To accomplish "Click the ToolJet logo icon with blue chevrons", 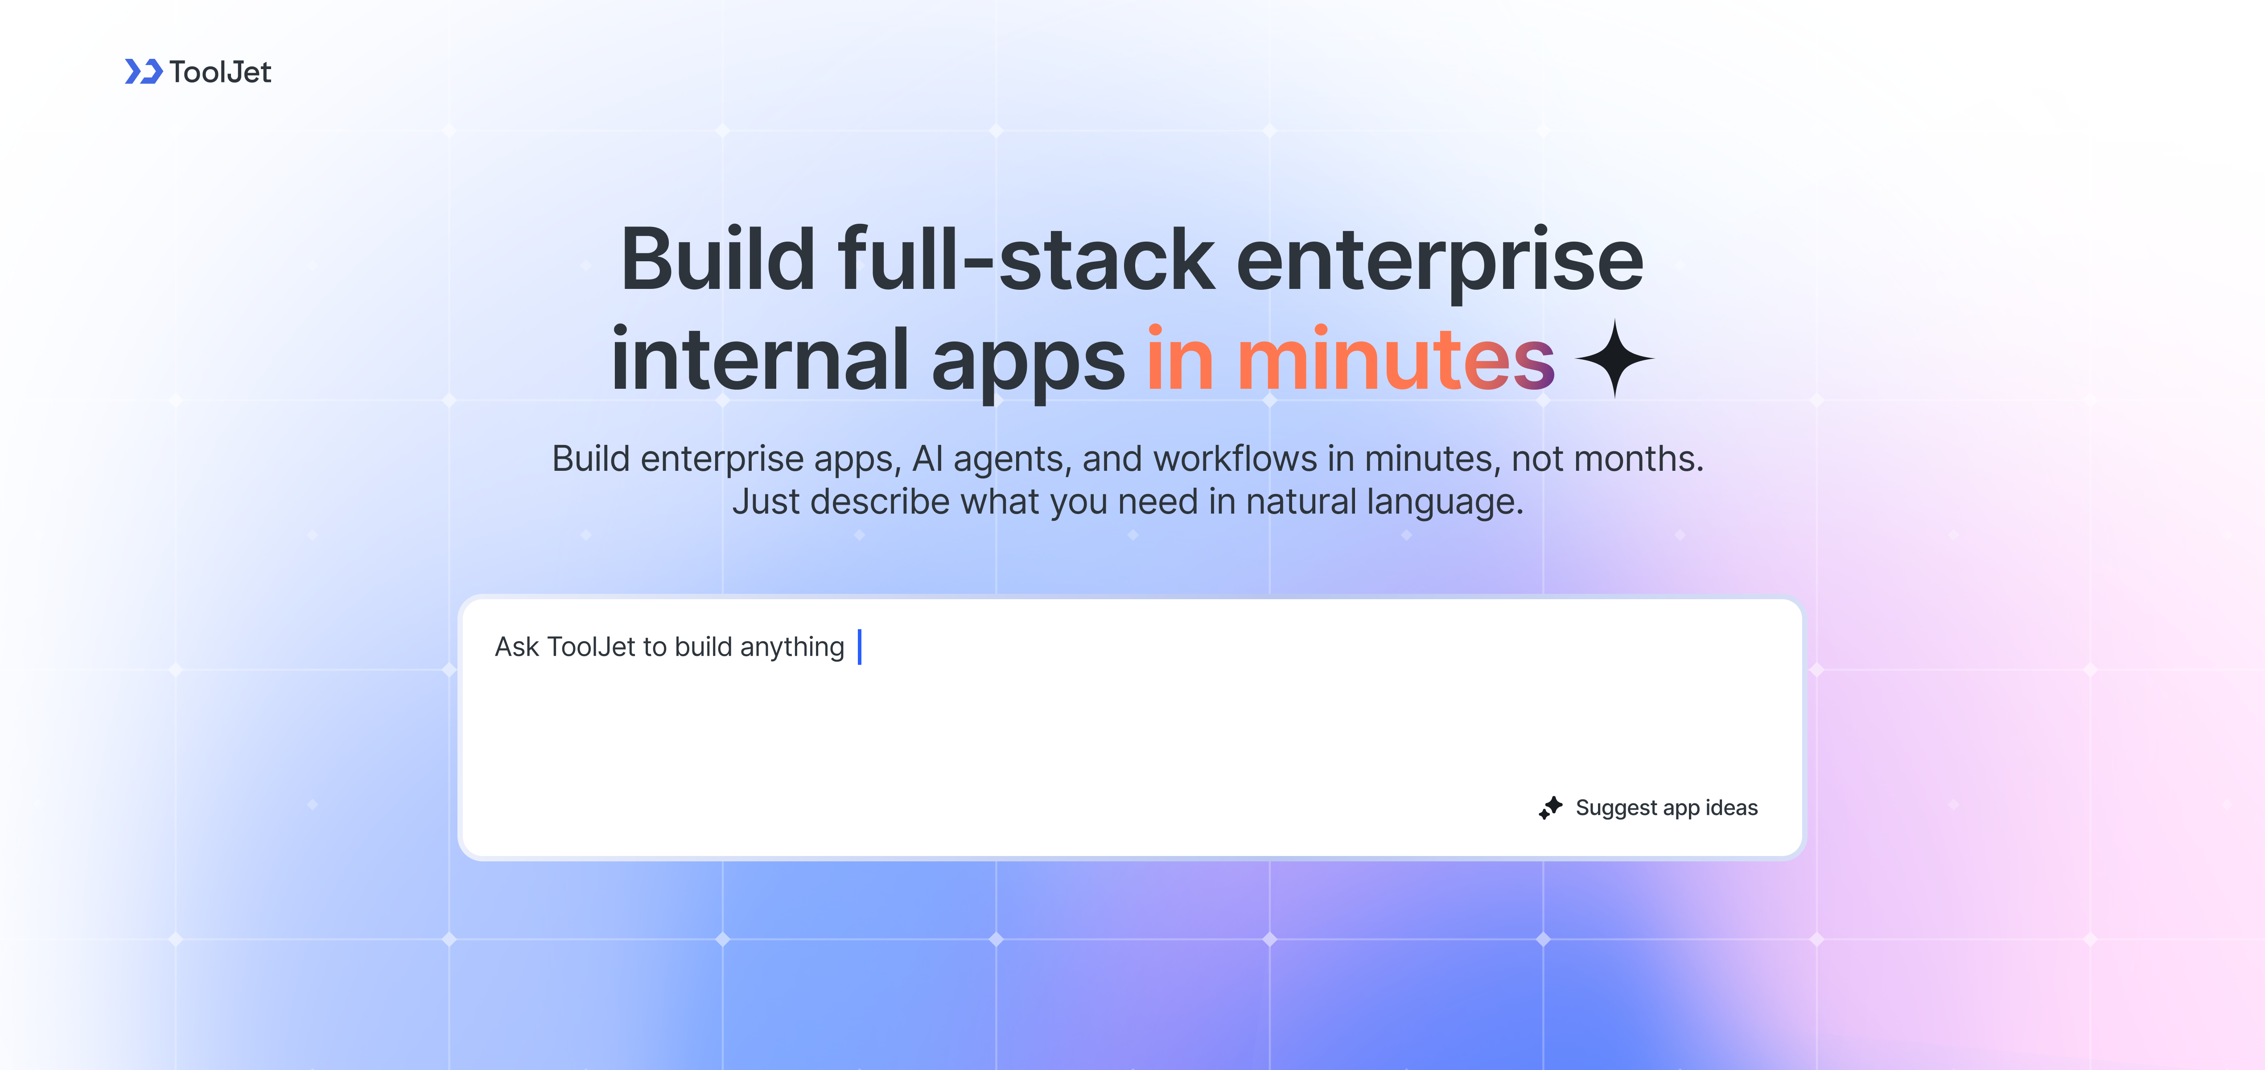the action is click(x=143, y=71).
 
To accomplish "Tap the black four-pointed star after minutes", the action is click(x=1614, y=359).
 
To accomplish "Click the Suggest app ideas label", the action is click(x=1666, y=808).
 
